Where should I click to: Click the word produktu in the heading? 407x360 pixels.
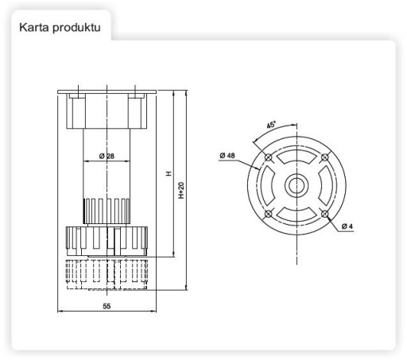pyautogui.click(x=77, y=28)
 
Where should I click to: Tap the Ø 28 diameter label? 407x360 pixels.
pyautogui.click(x=107, y=156)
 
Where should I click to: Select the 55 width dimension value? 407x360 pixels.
pyautogui.click(x=107, y=306)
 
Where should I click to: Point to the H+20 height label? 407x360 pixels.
pyautogui.click(x=181, y=190)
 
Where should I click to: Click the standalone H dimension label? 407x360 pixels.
pyautogui.click(x=169, y=174)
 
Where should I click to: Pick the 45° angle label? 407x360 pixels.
pyautogui.click(x=271, y=125)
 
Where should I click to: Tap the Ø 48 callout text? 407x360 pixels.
pyautogui.click(x=227, y=156)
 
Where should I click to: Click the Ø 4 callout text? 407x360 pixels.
pyautogui.click(x=347, y=226)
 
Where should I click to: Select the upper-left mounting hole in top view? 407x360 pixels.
pyautogui.click(x=269, y=157)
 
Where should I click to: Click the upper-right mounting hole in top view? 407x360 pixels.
pyautogui.click(x=325, y=157)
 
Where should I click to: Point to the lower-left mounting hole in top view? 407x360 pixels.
pyautogui.click(x=269, y=214)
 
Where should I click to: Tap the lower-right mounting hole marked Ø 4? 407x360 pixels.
pyautogui.click(x=325, y=214)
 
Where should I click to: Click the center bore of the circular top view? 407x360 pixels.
pyautogui.click(x=297, y=186)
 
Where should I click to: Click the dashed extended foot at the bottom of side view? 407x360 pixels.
pyautogui.click(x=107, y=274)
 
